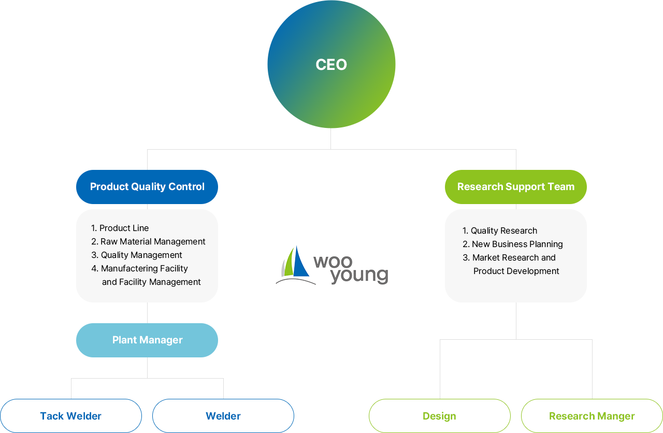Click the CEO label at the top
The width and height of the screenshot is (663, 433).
click(331, 65)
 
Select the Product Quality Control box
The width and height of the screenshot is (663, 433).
click(147, 187)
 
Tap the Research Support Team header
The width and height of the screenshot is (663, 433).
click(515, 187)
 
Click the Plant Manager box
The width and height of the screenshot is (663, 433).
click(147, 340)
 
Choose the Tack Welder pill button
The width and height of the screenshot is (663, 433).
click(70, 416)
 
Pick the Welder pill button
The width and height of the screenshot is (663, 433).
click(223, 416)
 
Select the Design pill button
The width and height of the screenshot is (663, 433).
click(439, 416)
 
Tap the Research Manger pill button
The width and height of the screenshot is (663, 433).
click(592, 416)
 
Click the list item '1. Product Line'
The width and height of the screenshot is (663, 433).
click(120, 228)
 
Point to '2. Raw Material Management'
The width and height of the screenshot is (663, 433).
click(148, 241)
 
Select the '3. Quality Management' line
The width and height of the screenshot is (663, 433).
click(137, 255)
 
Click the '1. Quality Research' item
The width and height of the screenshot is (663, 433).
click(500, 230)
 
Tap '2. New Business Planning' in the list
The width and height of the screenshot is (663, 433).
click(513, 244)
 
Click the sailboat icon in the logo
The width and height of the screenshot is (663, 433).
click(297, 263)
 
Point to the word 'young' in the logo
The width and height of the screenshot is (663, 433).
click(358, 276)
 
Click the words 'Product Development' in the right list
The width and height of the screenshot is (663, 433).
click(516, 271)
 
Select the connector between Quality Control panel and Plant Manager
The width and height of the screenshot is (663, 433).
click(147, 313)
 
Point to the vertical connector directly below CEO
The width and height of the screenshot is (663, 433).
click(330, 139)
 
